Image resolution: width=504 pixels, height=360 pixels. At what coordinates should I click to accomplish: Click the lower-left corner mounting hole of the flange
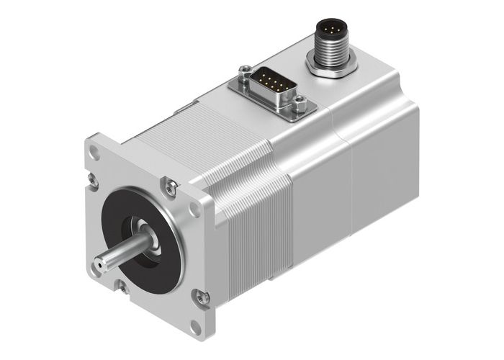(x=96, y=270)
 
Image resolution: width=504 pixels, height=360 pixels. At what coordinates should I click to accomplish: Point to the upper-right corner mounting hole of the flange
(x=194, y=210)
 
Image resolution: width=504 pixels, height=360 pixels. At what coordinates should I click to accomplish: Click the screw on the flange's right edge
(x=202, y=296)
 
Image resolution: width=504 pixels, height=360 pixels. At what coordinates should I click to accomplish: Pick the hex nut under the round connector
(x=331, y=68)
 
